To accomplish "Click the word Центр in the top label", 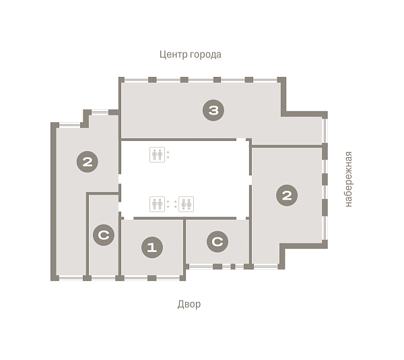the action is click(174, 55).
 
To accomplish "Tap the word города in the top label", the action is click(205, 55).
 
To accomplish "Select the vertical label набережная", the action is click(348, 179).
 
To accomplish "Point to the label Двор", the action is click(189, 304).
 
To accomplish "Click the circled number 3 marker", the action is click(213, 111).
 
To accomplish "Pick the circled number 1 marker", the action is click(152, 247).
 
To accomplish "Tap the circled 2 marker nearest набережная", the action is click(287, 196).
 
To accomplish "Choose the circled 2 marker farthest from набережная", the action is click(88, 162).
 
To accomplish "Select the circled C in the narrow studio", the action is click(104, 235).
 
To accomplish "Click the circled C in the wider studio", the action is click(217, 241).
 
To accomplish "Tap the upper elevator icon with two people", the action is click(157, 155).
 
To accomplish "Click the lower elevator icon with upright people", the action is click(157, 204).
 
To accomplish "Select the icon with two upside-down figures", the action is click(186, 204).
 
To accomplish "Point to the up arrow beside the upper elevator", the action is click(168, 152).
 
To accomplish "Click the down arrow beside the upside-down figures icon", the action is click(176, 207).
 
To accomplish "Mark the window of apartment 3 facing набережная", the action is click(325, 131).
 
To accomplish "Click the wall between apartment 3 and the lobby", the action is click(178, 140).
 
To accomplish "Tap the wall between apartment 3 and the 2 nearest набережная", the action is click(287, 146).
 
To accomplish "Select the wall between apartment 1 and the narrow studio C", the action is click(120, 247).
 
